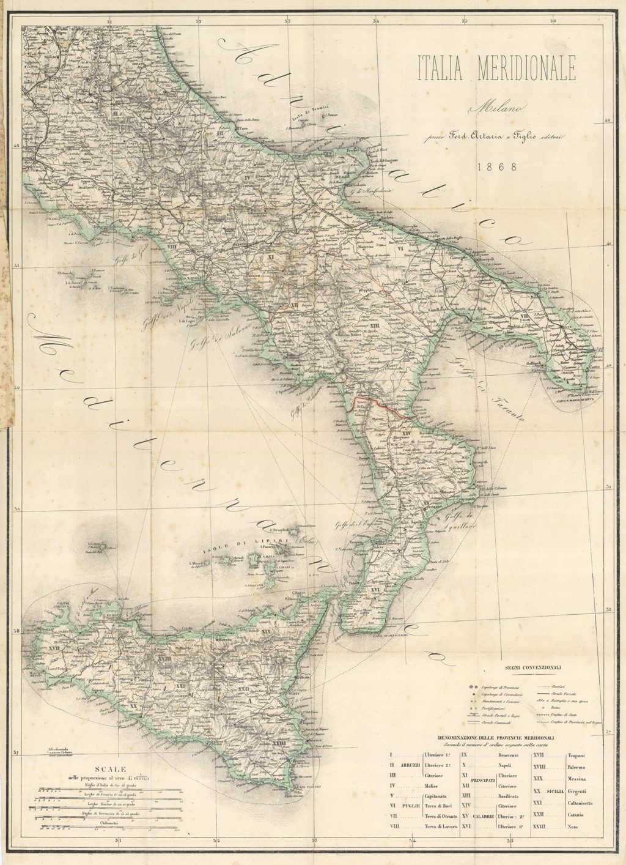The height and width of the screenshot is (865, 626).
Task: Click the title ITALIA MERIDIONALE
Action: point(496,68)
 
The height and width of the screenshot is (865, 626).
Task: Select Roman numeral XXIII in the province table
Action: point(538,826)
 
